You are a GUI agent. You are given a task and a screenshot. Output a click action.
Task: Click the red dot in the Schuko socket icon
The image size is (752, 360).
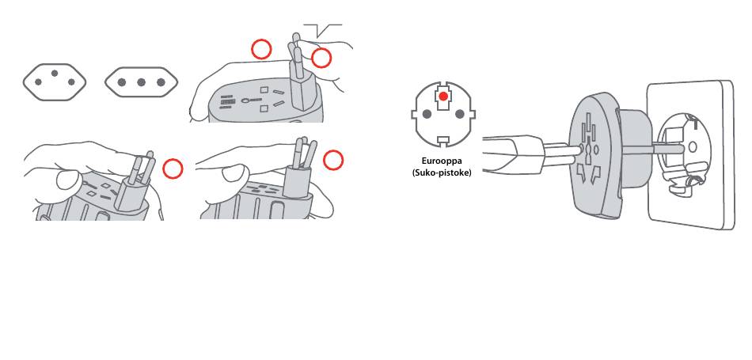(443, 97)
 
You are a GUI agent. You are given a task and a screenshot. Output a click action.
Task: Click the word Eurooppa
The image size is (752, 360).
(442, 161)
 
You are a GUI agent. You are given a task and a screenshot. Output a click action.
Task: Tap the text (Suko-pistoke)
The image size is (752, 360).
(442, 172)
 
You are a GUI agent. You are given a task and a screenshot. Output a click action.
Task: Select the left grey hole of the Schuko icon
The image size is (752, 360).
(427, 114)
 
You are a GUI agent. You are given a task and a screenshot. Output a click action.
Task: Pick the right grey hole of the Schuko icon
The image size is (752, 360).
(460, 114)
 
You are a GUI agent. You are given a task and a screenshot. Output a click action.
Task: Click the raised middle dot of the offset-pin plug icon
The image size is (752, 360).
(55, 74)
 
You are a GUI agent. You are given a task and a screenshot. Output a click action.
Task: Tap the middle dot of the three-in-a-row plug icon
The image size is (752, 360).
(141, 82)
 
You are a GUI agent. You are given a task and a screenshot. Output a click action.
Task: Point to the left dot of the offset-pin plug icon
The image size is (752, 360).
(38, 82)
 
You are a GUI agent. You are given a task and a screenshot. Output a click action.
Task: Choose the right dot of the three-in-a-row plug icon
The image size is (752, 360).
(161, 82)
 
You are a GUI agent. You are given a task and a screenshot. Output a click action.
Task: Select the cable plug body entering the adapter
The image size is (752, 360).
(513, 154)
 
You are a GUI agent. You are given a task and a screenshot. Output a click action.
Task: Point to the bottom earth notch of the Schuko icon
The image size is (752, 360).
(443, 141)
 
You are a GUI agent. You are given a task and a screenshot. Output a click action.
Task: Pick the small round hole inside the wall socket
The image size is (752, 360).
(692, 146)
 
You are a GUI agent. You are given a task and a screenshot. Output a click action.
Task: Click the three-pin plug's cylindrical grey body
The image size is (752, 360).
(296, 180)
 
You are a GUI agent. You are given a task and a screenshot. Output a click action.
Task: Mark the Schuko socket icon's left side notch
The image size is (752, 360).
(413, 114)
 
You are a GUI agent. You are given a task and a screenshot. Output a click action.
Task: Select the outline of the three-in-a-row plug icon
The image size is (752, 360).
(104, 82)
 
